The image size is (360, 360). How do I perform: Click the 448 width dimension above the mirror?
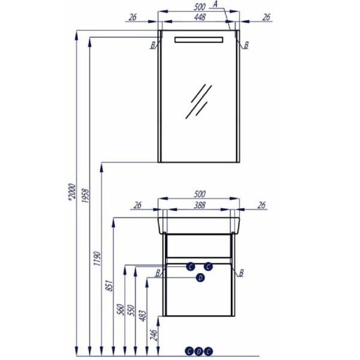(200, 17)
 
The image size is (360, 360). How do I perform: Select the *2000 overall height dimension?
(72, 192)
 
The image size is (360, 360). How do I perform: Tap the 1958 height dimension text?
(85, 196)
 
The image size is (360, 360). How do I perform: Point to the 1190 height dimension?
(97, 259)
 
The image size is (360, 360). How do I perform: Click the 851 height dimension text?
(110, 286)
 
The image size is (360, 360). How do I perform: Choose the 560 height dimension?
(121, 309)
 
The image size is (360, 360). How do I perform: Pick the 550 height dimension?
(131, 310)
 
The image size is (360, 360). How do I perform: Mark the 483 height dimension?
(143, 316)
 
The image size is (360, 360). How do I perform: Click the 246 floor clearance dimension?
(154, 335)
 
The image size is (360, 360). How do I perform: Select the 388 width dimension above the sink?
(199, 205)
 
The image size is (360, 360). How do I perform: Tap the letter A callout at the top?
(215, 4)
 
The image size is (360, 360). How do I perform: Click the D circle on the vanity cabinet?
(200, 278)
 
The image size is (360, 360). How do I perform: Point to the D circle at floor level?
(199, 351)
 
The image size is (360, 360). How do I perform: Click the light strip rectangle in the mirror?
(199, 40)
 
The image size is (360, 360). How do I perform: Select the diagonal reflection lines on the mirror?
(199, 101)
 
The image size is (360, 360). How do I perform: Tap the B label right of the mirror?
(246, 45)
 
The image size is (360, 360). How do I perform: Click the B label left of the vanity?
(158, 273)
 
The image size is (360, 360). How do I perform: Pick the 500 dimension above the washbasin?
(199, 194)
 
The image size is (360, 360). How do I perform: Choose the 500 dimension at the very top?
(199, 7)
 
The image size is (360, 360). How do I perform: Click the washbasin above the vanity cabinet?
(199, 226)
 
